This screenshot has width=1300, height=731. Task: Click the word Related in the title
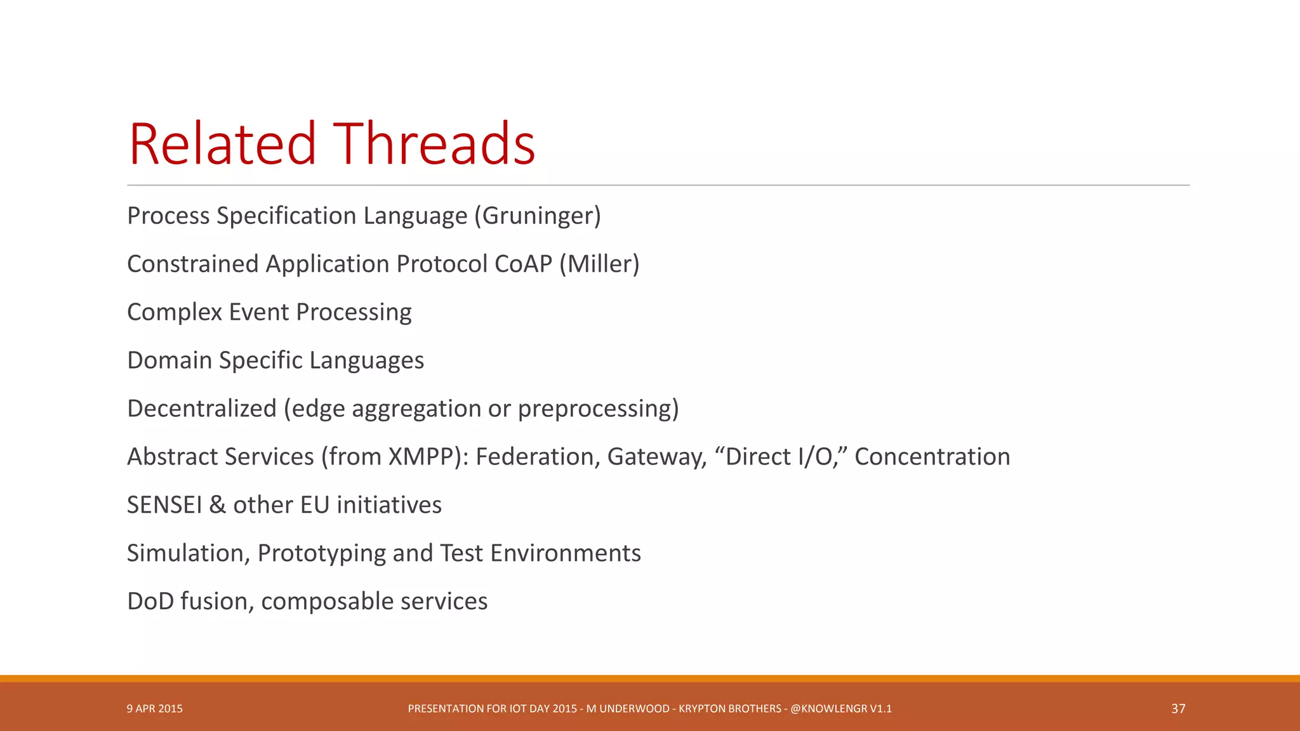[222, 145]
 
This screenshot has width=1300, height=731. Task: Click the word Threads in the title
[434, 145]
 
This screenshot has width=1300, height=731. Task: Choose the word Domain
[169, 360]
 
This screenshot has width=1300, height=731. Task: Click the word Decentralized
[202, 409]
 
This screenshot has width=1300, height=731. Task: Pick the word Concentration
[932, 457]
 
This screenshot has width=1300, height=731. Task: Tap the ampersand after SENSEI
[217, 505]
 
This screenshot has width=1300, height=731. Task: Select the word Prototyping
[321, 554]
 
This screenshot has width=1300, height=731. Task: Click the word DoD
[150, 602]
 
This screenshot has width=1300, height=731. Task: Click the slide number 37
[1178, 709]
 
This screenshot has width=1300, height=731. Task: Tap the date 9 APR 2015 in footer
[154, 709]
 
